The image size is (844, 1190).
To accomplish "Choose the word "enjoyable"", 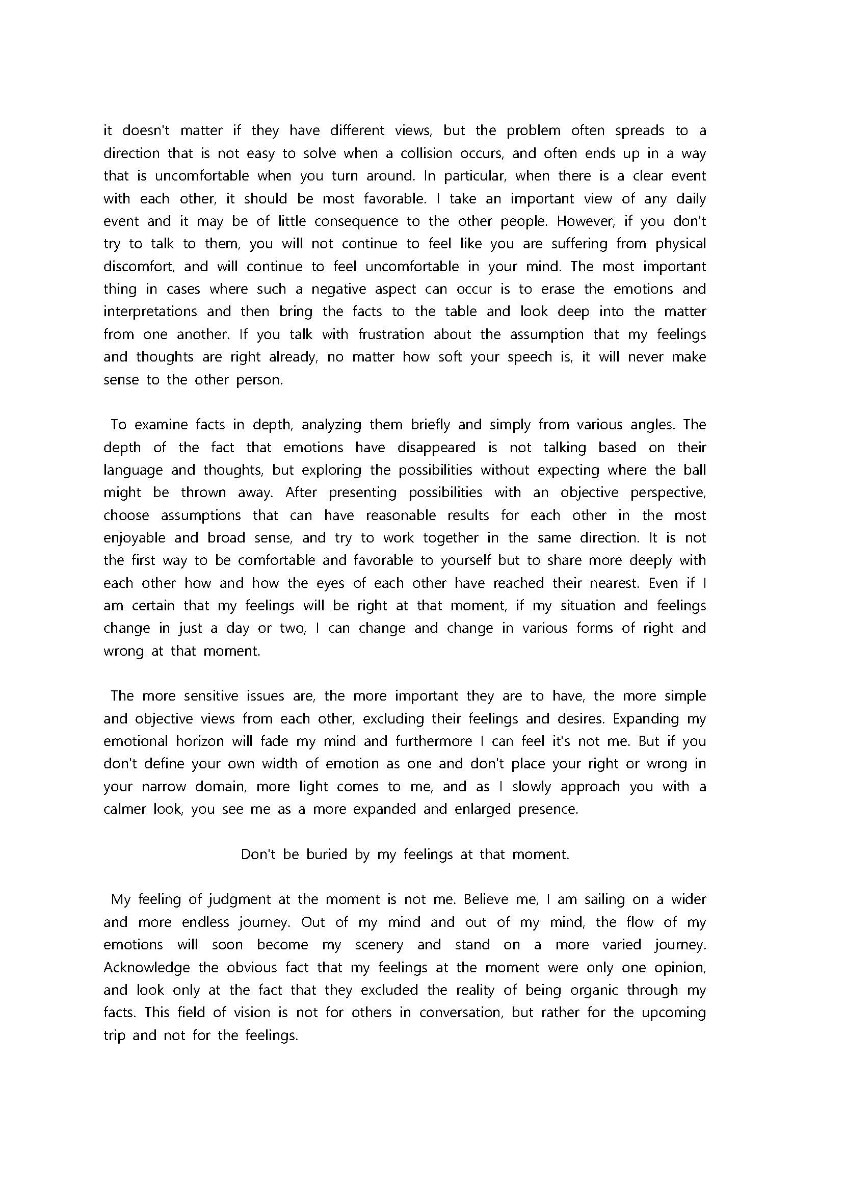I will [134, 537].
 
